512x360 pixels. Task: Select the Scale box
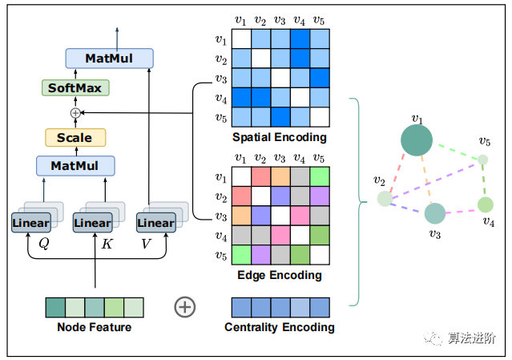75,138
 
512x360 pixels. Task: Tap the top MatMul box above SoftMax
109,58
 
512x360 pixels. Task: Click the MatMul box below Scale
76,166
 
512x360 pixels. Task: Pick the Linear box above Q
30,223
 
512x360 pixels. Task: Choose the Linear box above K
93,223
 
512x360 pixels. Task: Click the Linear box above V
155,223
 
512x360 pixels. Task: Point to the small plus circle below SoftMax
76,113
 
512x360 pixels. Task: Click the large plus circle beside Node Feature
185,306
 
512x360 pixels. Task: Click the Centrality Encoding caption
280,327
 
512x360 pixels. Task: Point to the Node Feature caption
95,327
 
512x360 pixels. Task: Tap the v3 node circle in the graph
434,212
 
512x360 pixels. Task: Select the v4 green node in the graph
486,204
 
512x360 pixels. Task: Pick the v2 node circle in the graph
385,198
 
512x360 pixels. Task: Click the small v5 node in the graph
482,160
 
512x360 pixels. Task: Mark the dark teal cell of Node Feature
55,308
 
